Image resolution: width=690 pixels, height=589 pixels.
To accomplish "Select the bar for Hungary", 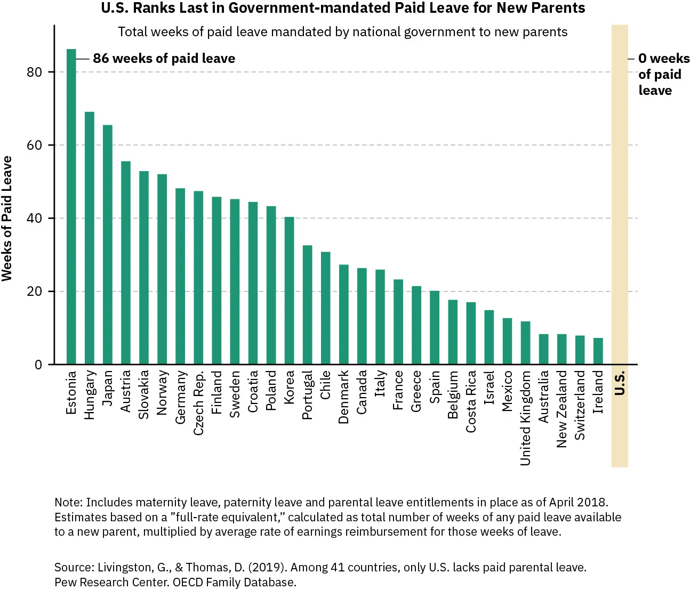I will tap(89, 238).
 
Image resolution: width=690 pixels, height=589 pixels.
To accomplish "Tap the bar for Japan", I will tap(107, 245).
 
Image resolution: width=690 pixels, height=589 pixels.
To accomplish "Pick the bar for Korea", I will tap(289, 291).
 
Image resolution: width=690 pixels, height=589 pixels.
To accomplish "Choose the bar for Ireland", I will tap(598, 351).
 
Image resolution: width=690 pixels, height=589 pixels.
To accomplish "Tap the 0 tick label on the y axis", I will tap(38, 365).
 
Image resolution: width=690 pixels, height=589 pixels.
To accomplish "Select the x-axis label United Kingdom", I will tap(525, 418).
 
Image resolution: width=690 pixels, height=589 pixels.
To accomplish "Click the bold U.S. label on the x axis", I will tap(620, 383).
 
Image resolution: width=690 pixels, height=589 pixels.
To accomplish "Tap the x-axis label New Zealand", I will tap(562, 409).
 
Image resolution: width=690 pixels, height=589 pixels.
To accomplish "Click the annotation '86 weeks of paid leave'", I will tap(164, 59).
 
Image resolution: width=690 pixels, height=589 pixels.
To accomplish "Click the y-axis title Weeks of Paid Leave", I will tap(7, 219).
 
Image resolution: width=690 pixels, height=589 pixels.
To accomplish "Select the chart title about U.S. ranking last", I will tap(343, 8).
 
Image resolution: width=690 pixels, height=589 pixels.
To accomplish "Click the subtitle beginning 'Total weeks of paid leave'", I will tap(342, 32).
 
